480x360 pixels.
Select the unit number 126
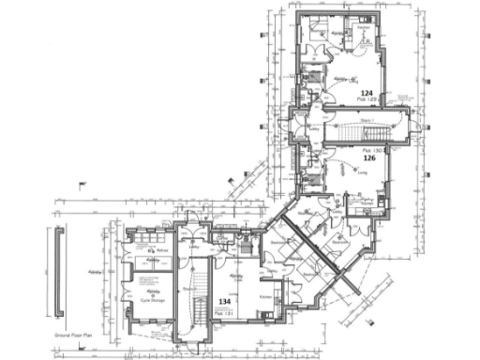click(369, 158)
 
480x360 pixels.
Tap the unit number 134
click(225, 302)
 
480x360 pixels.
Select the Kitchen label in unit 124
click(362, 28)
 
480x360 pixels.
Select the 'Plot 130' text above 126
click(368, 150)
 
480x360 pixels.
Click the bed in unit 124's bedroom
click(319, 23)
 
